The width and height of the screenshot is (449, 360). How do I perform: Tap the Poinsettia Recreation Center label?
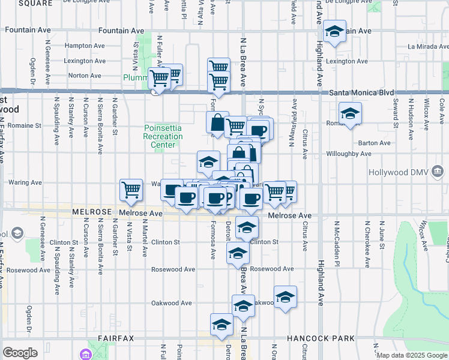pyautogui.click(x=163, y=136)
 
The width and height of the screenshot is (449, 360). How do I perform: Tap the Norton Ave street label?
pyautogui.click(x=85, y=76)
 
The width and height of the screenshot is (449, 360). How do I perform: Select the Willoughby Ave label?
pyautogui.click(x=366, y=154)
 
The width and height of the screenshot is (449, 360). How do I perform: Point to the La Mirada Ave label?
pyautogui.click(x=427, y=46)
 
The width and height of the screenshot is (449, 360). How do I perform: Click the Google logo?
pyautogui.click(x=20, y=353)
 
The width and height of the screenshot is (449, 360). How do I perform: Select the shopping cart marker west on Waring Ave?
pyautogui.click(x=131, y=190)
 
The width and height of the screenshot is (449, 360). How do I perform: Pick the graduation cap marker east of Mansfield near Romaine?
pyautogui.click(x=350, y=113)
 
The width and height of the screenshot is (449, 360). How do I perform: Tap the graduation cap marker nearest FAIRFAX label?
pyautogui.click(x=221, y=325)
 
